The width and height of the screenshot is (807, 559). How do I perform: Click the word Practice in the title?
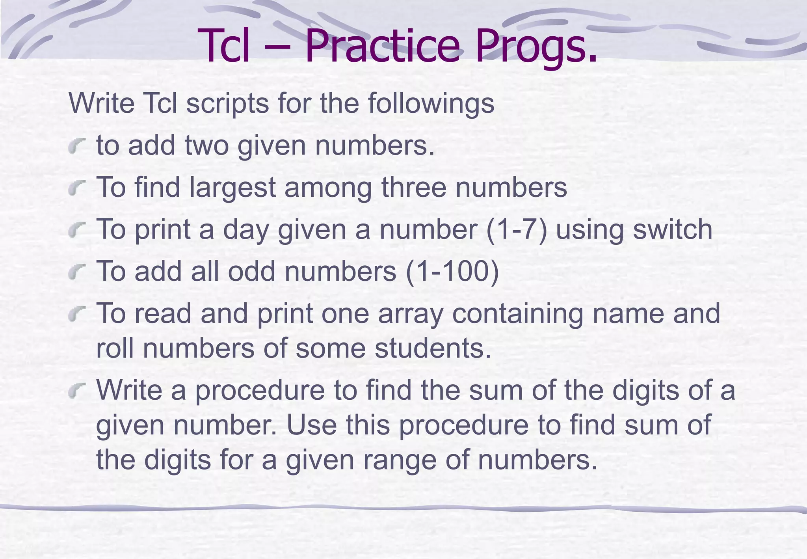click(382, 46)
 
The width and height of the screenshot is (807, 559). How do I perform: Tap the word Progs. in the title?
click(536, 46)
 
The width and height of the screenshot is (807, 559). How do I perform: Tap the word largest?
click(232, 188)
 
